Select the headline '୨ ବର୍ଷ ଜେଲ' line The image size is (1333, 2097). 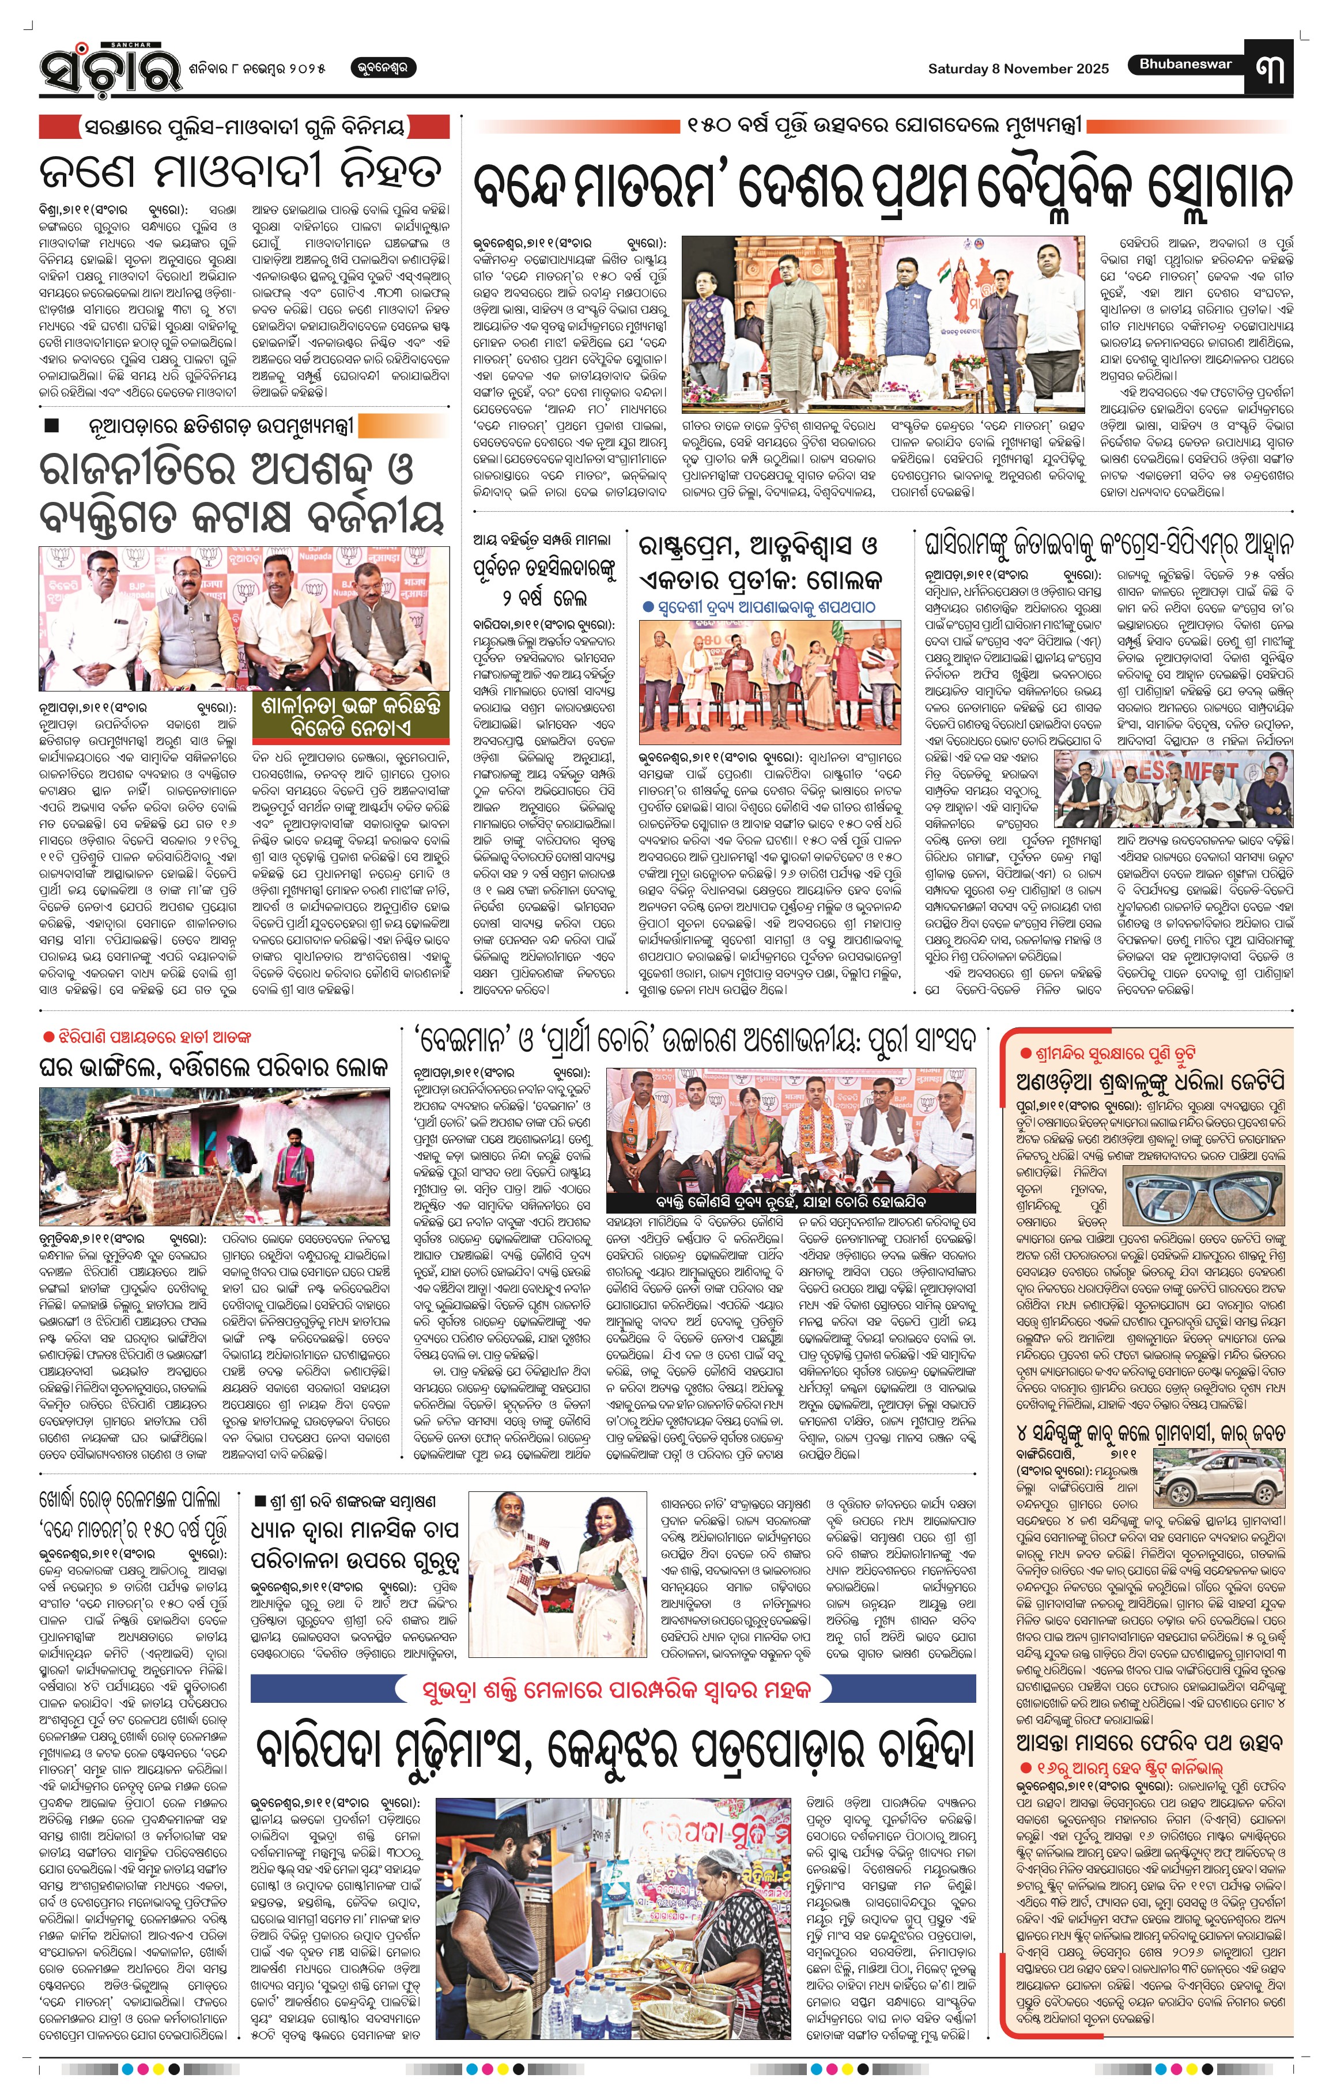[x=544, y=598]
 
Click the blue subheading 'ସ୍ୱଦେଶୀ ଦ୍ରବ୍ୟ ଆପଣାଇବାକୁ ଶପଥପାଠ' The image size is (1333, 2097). [x=757, y=607]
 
